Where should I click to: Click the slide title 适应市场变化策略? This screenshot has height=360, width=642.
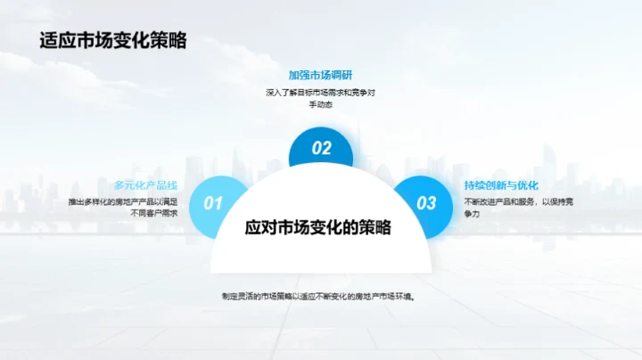tap(113, 42)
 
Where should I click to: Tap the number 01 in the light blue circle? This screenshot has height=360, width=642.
tap(213, 203)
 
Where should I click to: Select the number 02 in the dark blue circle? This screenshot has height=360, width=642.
tap(321, 149)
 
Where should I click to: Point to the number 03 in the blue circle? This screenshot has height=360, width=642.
tap(427, 203)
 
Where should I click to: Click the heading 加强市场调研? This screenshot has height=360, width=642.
tap(321, 75)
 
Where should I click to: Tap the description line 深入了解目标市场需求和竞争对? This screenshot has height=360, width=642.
tap(321, 92)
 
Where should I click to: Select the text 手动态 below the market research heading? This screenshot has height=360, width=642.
tap(321, 104)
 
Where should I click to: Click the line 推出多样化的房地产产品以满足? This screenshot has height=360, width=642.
tap(128, 201)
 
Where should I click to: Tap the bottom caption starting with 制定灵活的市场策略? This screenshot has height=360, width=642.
tap(321, 296)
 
